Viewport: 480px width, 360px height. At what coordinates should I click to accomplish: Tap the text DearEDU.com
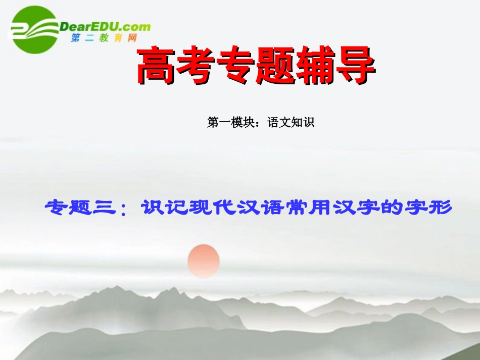point(105,26)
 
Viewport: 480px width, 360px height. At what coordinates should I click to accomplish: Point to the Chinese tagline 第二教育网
point(104,38)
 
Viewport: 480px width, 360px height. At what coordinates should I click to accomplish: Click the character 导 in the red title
point(357,67)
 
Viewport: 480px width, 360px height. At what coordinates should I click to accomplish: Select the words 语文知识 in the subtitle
point(291,122)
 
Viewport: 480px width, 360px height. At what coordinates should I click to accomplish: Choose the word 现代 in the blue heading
point(205,207)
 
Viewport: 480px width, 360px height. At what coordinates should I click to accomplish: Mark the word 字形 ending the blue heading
point(427,207)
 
